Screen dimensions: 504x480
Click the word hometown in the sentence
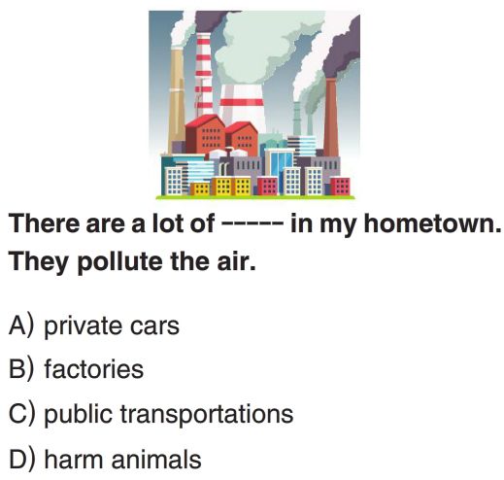432,223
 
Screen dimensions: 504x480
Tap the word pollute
119,261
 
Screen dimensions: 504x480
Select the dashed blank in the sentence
252,223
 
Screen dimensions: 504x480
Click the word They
38,261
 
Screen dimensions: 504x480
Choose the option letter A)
21,325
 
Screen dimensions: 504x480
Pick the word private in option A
84,326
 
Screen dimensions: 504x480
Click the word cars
154,326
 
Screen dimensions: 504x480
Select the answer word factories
94,368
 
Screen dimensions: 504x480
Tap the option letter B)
21,368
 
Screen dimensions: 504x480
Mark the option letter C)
21,413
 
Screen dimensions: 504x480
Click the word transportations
207,414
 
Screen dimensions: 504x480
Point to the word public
79,413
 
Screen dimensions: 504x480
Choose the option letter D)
21,458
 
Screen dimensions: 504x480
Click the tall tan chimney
177,100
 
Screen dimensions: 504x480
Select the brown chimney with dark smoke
331,118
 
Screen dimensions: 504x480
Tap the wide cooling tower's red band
242,102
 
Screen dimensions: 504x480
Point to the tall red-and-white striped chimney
204,75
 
